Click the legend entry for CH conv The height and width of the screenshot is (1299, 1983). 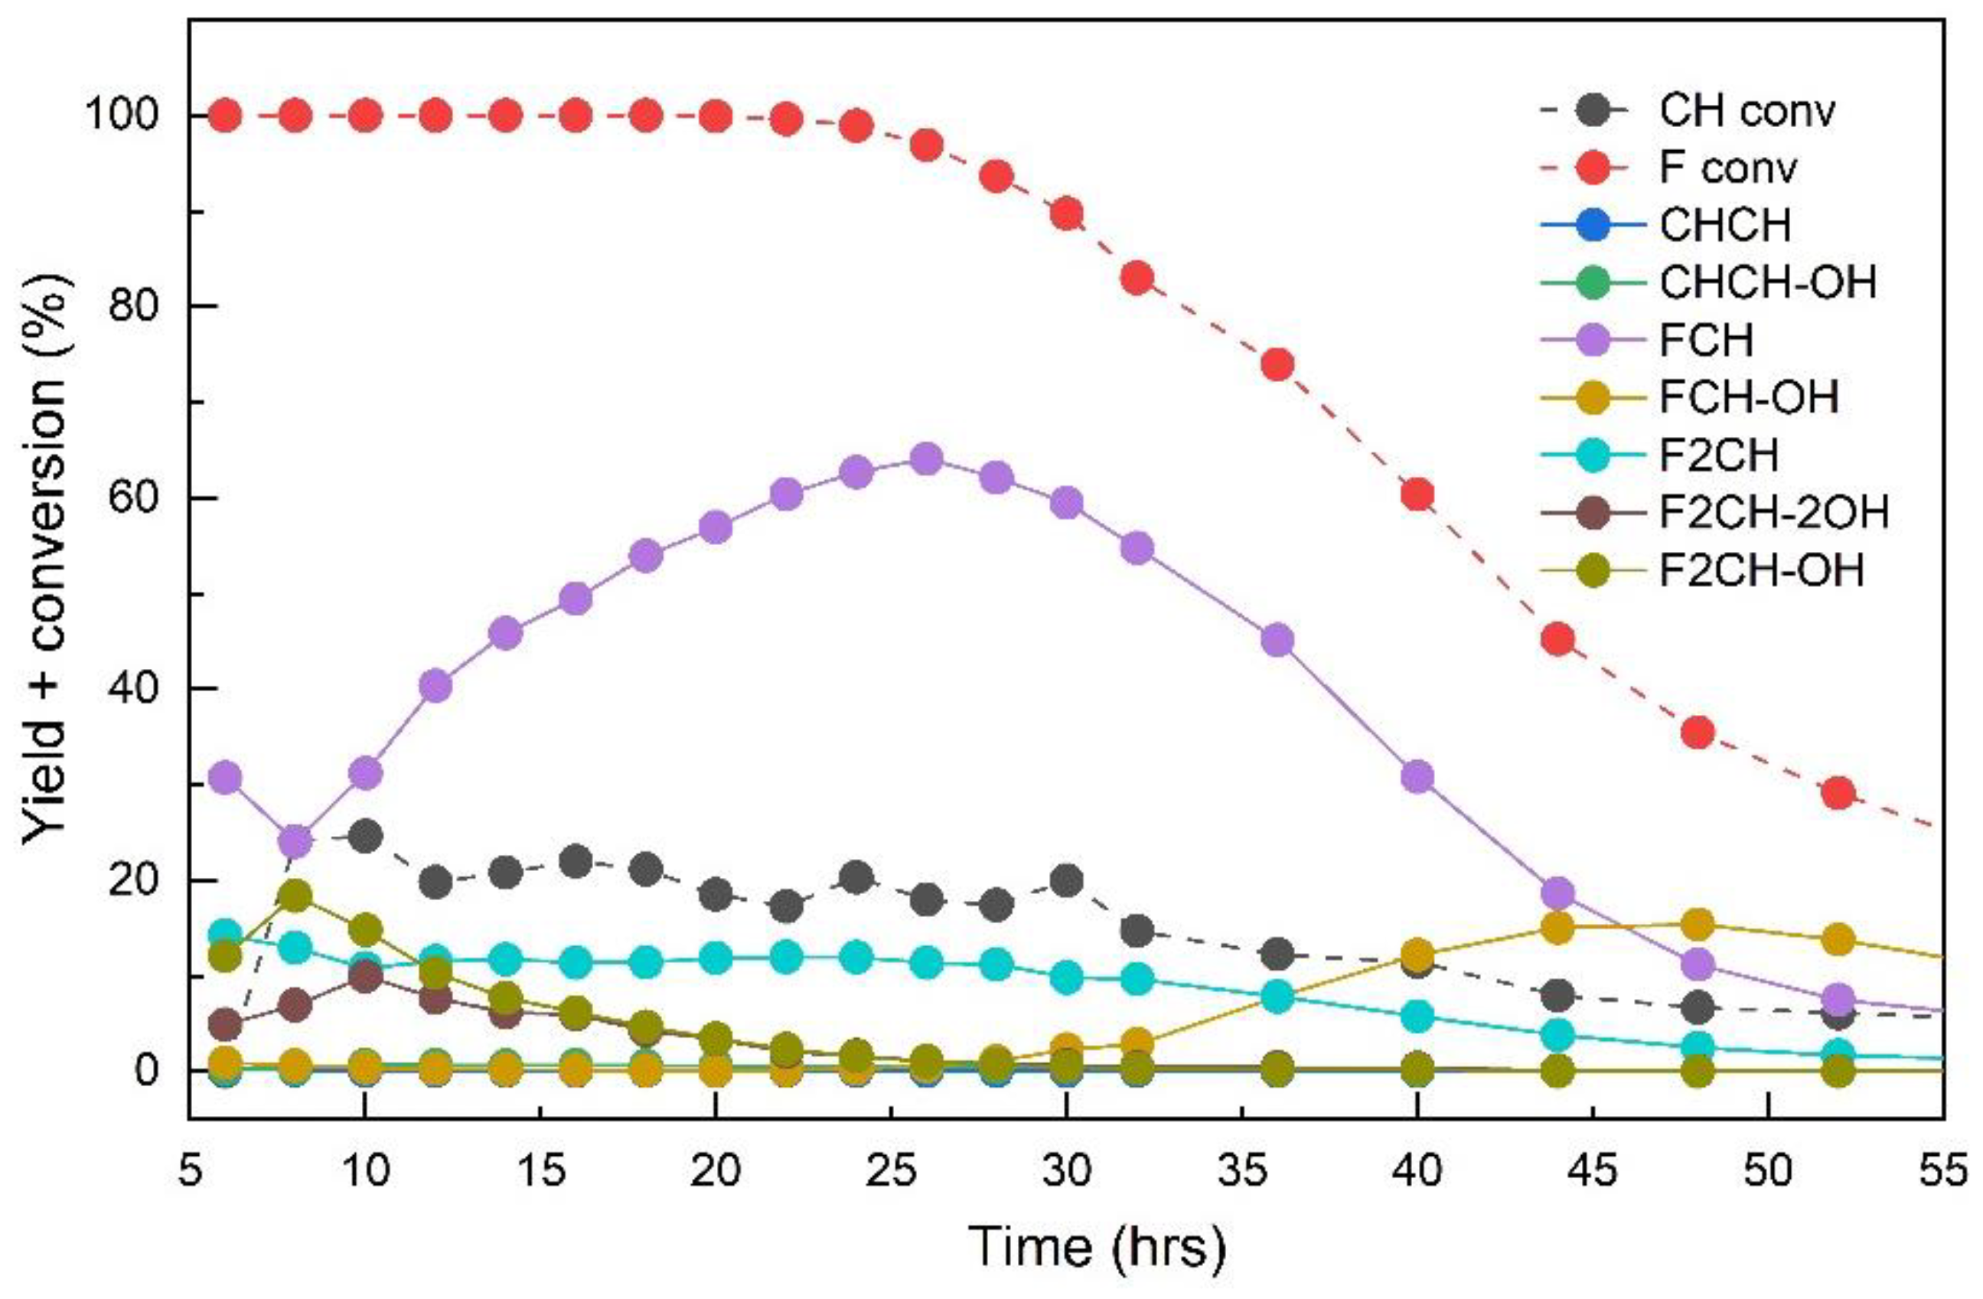pyautogui.click(x=1746, y=111)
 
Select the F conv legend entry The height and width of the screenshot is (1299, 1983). pyautogui.click(x=1729, y=168)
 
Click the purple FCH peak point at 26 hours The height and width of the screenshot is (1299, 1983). pyautogui.click(x=927, y=459)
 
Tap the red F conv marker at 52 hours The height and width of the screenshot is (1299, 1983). pyautogui.click(x=1838, y=792)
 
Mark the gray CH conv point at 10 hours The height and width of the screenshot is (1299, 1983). pyautogui.click(x=365, y=836)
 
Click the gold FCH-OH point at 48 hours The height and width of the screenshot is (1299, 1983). pyautogui.click(x=1698, y=923)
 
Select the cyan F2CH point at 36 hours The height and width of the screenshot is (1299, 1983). pyautogui.click(x=1277, y=996)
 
